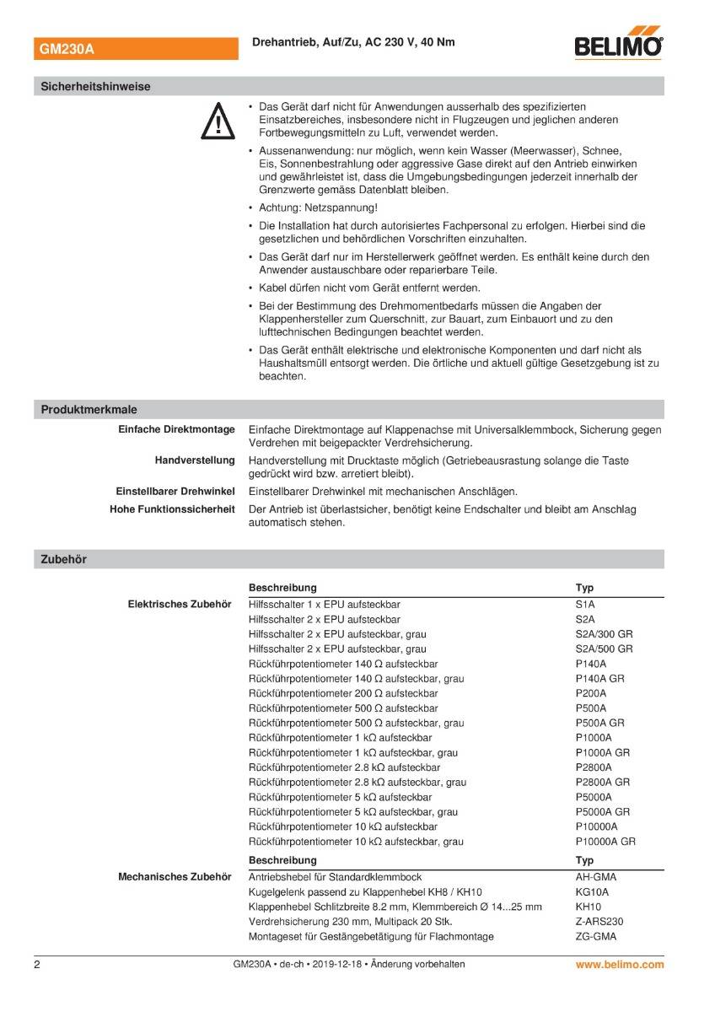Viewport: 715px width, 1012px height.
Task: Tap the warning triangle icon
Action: (217, 121)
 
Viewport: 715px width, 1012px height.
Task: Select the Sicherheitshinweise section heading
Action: (95, 86)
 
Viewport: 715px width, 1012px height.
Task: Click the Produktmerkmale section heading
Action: (89, 410)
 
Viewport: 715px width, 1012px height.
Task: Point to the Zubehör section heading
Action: (63, 559)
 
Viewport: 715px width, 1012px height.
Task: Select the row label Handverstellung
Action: (195, 460)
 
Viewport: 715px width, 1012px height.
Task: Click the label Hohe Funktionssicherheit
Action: (172, 509)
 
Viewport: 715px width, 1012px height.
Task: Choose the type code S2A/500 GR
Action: (604, 649)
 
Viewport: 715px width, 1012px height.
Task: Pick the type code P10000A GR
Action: (605, 842)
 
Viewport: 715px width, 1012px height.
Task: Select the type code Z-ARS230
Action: (599, 922)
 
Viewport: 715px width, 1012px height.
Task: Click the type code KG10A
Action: (592, 892)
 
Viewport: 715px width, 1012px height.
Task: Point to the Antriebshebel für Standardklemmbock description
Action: (335, 877)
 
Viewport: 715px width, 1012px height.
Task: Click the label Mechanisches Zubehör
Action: (175, 877)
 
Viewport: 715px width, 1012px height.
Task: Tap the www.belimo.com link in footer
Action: (620, 964)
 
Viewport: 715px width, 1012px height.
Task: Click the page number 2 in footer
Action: (37, 964)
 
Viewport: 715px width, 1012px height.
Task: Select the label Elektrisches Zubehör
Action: (180, 605)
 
